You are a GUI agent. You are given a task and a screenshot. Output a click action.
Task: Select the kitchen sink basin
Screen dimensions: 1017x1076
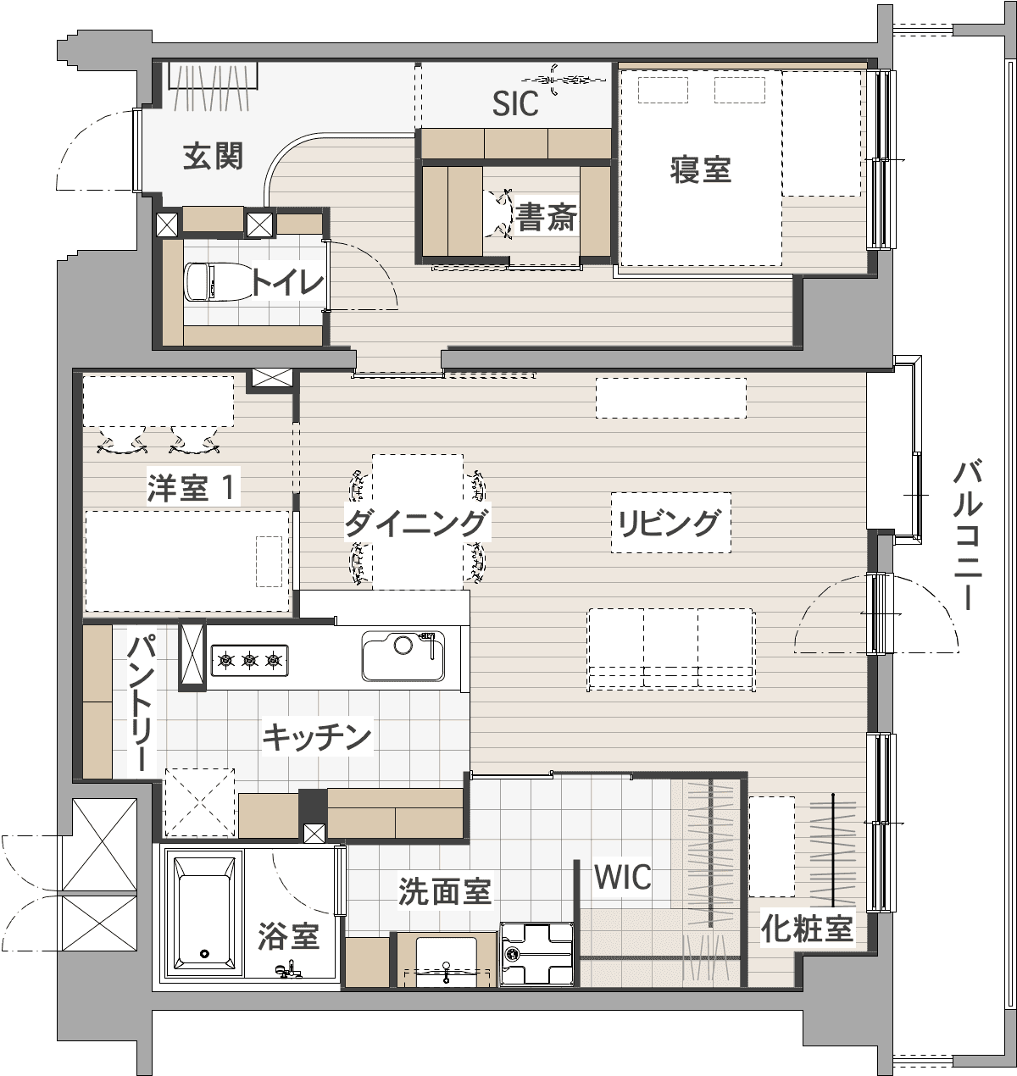click(403, 656)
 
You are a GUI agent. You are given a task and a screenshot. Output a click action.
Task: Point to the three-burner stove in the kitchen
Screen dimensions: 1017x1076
click(249, 661)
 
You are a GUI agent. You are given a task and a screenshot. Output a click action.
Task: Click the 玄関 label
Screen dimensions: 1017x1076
click(213, 156)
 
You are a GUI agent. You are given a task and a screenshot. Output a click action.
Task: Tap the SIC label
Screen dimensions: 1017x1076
click(515, 103)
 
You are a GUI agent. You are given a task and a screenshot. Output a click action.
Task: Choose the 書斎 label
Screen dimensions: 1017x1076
click(546, 218)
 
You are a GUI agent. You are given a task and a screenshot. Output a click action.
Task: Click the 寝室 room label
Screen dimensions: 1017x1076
click(700, 169)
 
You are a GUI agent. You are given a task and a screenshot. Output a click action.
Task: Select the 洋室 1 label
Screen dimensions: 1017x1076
click(192, 488)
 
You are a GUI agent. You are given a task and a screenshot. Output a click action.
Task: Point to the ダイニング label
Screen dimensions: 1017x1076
click(416, 523)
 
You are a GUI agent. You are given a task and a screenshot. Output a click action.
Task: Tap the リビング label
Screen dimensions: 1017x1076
click(670, 523)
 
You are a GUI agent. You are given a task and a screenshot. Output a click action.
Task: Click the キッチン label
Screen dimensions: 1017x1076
click(317, 737)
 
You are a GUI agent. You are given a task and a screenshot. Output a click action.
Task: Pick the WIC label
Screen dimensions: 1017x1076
click(622, 877)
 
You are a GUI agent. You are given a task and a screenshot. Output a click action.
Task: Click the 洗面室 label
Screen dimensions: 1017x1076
click(445, 892)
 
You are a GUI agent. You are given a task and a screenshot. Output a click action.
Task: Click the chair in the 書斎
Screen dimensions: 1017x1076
click(500, 214)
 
